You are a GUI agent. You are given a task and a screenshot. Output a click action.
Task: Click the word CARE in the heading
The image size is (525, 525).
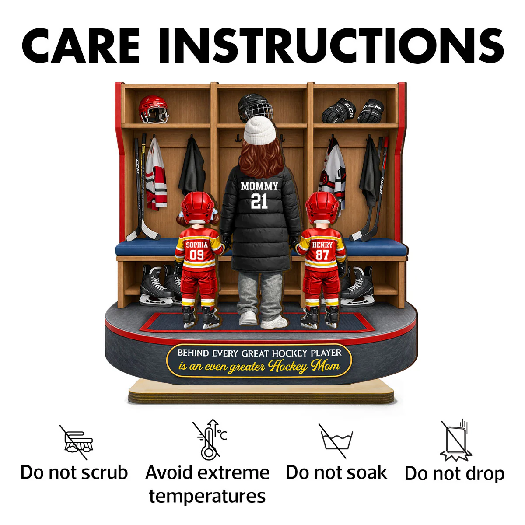[80, 46]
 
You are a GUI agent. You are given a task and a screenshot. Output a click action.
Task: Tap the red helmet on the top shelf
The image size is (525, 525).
[153, 109]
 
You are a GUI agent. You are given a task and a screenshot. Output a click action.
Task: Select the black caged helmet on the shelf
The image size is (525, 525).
[255, 107]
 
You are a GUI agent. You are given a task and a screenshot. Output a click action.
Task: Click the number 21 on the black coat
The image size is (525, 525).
[259, 201]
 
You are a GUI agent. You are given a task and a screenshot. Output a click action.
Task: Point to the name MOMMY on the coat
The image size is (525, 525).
[259, 186]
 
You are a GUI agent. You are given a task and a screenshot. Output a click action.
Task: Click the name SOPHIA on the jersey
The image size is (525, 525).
[197, 245]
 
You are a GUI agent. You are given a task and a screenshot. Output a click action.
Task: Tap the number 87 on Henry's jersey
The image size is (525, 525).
[322, 255]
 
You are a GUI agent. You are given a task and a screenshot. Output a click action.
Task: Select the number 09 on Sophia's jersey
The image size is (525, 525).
[197, 255]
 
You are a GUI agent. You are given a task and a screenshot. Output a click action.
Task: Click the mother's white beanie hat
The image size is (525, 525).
[259, 130]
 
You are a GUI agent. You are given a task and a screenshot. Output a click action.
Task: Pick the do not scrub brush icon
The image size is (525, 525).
[77, 442]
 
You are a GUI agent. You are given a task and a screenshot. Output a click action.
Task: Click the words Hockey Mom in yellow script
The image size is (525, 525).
[304, 366]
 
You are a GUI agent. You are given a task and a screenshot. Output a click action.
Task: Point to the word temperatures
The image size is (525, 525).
[207, 497]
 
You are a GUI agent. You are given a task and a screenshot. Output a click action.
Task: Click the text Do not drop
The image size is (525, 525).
[455, 474]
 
